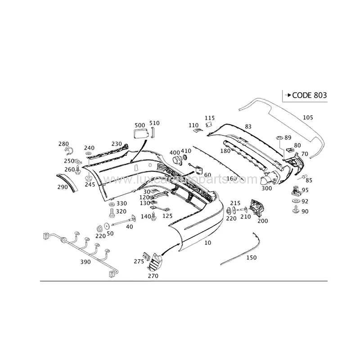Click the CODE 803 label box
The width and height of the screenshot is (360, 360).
tap(305, 95)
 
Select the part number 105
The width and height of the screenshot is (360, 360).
tap(308, 117)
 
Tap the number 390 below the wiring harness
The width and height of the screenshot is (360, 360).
tap(85, 262)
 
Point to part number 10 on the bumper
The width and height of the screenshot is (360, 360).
tap(207, 243)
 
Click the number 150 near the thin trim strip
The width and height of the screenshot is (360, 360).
tap(252, 258)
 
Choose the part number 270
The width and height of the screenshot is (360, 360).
tap(153, 276)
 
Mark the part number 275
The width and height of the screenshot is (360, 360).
tap(139, 261)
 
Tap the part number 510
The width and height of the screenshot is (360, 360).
tap(154, 123)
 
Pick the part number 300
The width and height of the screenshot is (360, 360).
tap(267, 189)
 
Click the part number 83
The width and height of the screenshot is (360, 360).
tap(248, 126)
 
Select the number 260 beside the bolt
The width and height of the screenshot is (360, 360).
tap(69, 170)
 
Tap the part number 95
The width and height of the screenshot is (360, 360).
tap(305, 190)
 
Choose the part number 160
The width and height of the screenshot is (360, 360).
tap(231, 179)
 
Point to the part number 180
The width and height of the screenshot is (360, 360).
tap(225, 151)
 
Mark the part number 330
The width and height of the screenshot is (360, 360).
tap(121, 203)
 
